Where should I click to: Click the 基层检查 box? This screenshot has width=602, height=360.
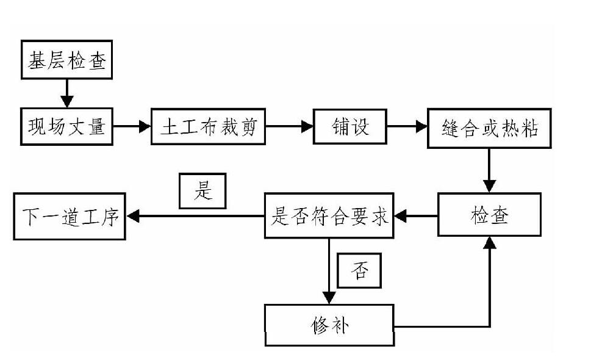pyautogui.click(x=68, y=60)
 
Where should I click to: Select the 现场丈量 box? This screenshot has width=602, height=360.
pyautogui.click(x=66, y=127)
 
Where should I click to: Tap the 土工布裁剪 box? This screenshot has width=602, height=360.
pyautogui.click(x=208, y=127)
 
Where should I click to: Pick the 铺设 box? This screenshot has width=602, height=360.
pyautogui.click(x=349, y=127)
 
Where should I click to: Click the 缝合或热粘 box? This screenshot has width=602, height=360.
pyautogui.click(x=489, y=129)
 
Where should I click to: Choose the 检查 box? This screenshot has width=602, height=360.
pyautogui.click(x=489, y=215)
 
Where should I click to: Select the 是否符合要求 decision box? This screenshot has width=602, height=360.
pyautogui.click(x=329, y=215)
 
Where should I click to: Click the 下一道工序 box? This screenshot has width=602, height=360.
pyautogui.click(x=70, y=216)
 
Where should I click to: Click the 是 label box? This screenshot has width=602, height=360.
pyautogui.click(x=202, y=191)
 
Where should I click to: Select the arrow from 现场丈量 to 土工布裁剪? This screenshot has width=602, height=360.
pyautogui.click(x=132, y=127)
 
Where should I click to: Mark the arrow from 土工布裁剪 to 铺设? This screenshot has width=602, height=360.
pyautogui.click(x=289, y=127)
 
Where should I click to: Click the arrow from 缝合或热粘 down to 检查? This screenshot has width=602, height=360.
pyautogui.click(x=489, y=170)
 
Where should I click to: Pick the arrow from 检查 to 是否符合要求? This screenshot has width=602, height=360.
pyautogui.click(x=417, y=215)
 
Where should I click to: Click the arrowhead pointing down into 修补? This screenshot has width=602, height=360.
pyautogui.click(x=329, y=298)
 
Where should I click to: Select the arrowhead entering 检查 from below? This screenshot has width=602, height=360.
pyautogui.click(x=489, y=243)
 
